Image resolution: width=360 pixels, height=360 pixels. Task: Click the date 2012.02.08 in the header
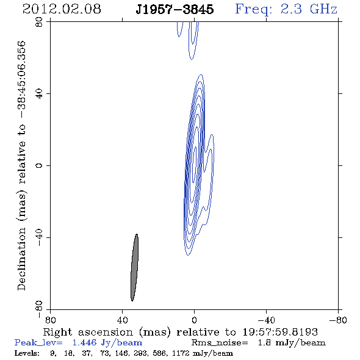pos(62,9)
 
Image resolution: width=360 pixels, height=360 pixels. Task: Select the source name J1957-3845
pos(175,9)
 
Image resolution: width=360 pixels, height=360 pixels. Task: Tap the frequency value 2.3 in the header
pos(291,9)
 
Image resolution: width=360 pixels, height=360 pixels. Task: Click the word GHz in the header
pos(323,9)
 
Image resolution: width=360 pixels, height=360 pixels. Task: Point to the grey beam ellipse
pos(134,267)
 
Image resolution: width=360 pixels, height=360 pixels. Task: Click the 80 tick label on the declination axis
pos(39,22)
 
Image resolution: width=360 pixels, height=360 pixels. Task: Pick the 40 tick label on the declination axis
pos(39,94)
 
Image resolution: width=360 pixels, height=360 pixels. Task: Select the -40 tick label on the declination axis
pos(39,237)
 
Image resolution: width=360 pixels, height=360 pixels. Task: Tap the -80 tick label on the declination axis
pos(39,309)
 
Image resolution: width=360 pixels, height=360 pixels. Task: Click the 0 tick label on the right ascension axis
pos(194,320)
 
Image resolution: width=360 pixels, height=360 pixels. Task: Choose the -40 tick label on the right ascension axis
pos(266,320)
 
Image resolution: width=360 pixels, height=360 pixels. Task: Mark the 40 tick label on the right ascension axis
pos(122,320)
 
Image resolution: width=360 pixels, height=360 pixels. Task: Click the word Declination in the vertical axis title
pos(21,259)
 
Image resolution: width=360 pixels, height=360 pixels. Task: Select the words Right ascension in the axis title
pos(88,332)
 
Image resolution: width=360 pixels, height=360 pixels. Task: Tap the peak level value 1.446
pos(84,342)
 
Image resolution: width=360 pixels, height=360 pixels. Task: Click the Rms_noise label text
pos(220,342)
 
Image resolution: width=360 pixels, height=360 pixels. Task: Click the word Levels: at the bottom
pos(27,353)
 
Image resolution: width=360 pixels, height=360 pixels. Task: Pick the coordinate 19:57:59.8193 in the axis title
pos(280,332)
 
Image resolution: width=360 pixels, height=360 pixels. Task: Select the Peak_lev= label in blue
pos(38,342)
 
